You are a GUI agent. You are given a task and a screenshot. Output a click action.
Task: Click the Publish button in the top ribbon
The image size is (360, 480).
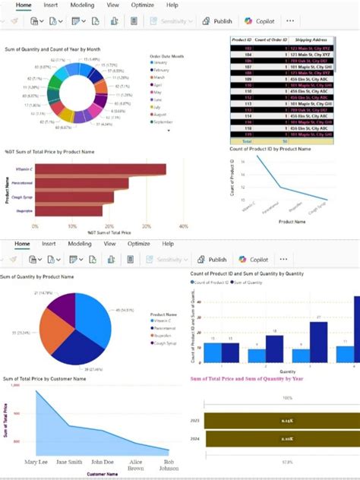216,21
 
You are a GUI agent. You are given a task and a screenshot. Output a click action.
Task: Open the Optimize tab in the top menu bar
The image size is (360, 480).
142,5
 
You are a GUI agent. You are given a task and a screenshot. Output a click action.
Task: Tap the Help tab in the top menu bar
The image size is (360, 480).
172,5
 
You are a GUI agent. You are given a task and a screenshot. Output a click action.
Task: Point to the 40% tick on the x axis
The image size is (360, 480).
183,226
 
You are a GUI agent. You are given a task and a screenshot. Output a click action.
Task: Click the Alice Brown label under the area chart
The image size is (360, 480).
137,464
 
